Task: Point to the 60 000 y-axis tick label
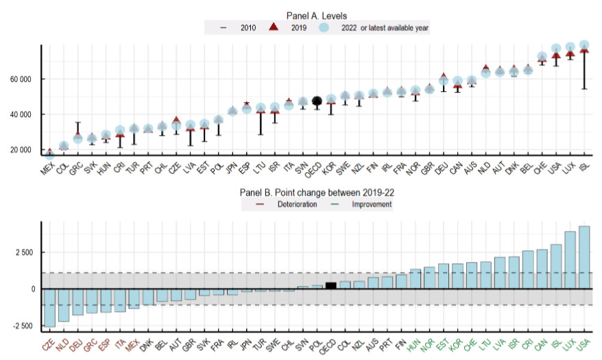21,79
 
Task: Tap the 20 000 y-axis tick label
21,150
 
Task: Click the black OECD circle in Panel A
317,101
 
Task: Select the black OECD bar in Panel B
331,285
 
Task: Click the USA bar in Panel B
584,257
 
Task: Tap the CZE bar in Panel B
49,307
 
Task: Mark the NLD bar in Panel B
64,304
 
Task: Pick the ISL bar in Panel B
555,266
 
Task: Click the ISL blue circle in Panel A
584,46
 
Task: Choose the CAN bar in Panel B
541,269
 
